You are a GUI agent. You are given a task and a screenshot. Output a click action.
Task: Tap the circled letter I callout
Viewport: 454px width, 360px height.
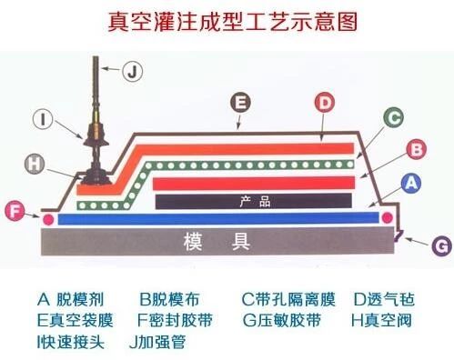(44, 117)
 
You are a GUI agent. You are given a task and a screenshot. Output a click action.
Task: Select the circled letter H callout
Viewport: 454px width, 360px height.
(35, 164)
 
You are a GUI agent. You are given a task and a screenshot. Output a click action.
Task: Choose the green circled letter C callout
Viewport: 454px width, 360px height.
(392, 117)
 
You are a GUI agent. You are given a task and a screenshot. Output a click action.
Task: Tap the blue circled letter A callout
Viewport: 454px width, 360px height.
(411, 183)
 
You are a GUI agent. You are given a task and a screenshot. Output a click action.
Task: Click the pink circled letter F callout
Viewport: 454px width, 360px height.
(13, 212)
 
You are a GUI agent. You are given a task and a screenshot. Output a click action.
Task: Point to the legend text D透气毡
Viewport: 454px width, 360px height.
(384, 298)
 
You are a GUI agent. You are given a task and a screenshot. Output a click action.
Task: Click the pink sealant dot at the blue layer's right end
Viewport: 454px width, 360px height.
(388, 218)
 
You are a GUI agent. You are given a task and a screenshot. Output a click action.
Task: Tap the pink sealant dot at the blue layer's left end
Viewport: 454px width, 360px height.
(46, 218)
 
